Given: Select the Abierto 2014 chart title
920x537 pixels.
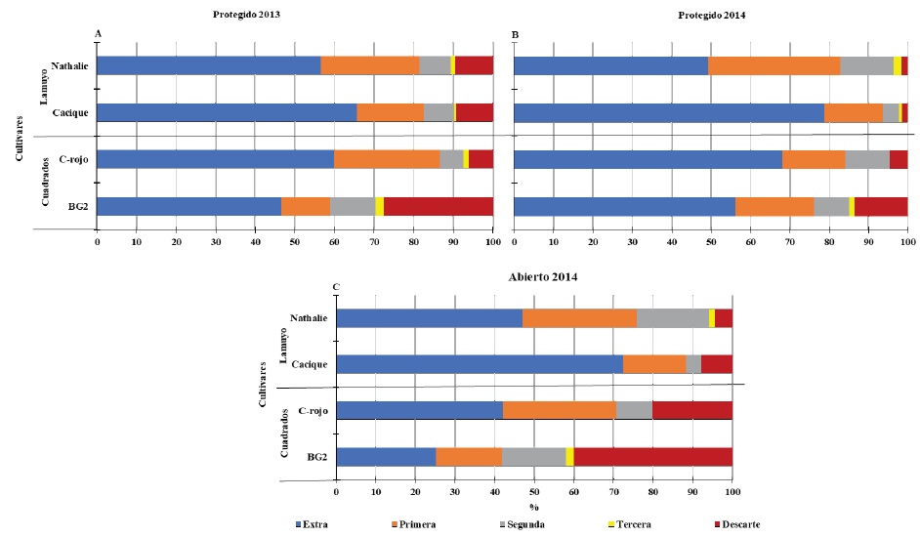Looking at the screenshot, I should (534, 276).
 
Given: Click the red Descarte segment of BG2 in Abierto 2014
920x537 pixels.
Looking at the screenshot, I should (653, 457).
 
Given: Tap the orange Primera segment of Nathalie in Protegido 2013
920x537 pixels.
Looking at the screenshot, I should (370, 65).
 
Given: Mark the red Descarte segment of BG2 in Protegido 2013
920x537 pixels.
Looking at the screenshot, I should (439, 205).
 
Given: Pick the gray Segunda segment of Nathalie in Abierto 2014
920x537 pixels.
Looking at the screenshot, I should (673, 318).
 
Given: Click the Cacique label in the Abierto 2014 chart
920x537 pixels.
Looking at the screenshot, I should (309, 364).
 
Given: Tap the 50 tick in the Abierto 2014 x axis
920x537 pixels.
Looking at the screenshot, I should (534, 491).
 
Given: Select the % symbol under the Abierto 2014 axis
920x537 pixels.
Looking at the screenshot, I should (534, 507).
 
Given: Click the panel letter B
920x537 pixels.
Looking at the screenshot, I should (516, 34).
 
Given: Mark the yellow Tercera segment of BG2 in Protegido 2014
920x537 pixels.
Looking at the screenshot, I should (852, 205).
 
